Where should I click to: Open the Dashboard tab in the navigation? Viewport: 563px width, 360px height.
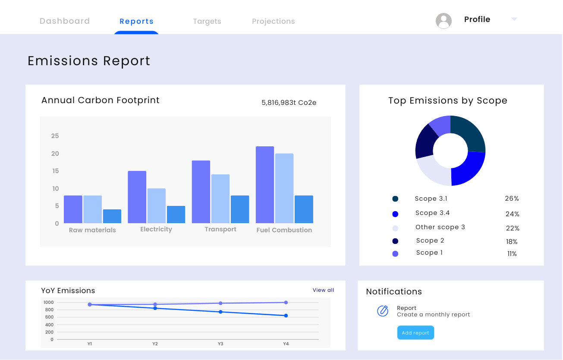(65, 21)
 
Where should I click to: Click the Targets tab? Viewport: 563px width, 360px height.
(207, 22)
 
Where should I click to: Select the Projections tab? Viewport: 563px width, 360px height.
(274, 22)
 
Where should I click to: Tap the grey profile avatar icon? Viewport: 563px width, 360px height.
(443, 21)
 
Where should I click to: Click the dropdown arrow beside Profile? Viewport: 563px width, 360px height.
(514, 19)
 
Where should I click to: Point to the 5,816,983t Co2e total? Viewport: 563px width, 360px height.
(289, 103)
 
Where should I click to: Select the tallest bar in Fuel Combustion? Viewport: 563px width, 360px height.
(265, 185)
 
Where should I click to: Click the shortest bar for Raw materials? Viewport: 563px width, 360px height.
(112, 216)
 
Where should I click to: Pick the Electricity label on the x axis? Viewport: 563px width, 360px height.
(156, 229)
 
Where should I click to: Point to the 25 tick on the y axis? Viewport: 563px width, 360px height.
(55, 136)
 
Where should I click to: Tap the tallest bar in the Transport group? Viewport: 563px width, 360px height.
(201, 192)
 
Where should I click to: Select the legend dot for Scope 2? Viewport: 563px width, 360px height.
(395, 241)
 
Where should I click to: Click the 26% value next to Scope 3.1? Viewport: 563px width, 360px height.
(512, 199)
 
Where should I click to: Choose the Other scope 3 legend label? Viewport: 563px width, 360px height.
(440, 227)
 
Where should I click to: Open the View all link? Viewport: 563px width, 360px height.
(323, 290)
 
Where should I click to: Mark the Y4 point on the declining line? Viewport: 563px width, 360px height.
(286, 316)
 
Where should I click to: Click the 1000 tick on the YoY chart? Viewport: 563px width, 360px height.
(48, 303)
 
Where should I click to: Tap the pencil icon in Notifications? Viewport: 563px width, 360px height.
(383, 311)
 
